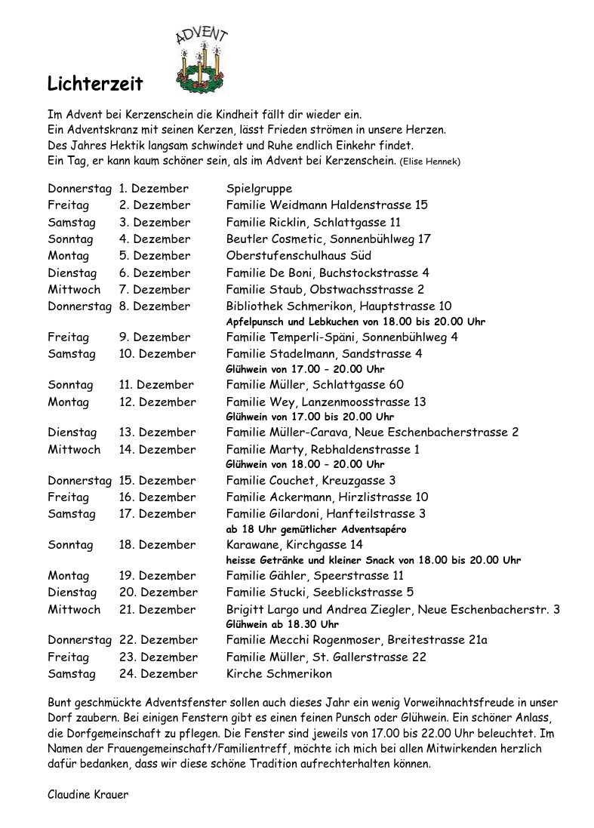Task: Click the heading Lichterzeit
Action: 95,84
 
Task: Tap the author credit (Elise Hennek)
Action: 430,162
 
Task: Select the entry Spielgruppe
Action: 259,188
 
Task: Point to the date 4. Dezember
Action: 155,239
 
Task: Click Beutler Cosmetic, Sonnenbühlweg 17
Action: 328,239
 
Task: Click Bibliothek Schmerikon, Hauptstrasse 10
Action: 339,306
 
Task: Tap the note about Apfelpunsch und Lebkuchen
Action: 355,322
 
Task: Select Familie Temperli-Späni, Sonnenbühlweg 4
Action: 342,337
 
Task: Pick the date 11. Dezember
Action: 156,385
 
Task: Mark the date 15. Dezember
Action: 157,481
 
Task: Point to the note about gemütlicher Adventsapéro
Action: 316,529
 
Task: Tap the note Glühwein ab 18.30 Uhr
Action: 282,625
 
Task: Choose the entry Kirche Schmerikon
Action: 279,674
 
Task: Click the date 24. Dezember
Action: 159,674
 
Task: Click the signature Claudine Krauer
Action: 88,795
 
